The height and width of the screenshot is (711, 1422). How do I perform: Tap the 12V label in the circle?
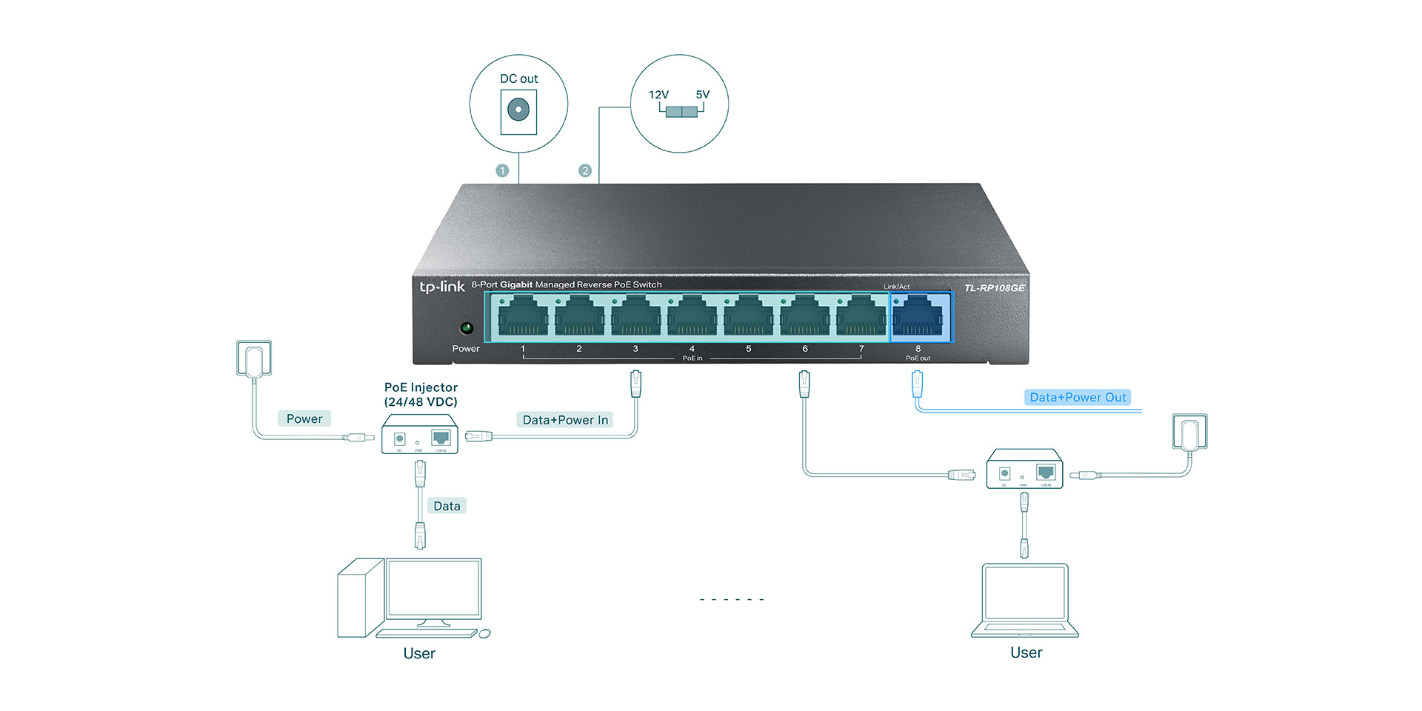point(658,95)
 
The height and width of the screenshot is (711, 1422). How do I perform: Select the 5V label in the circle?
point(702,95)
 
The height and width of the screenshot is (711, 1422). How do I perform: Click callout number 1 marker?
point(502,171)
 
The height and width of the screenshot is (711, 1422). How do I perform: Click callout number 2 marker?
point(585,171)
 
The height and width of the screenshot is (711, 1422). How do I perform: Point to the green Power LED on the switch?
point(467,327)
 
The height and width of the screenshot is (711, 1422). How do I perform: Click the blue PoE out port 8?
point(918,317)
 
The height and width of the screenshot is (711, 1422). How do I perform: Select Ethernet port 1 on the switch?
point(523,317)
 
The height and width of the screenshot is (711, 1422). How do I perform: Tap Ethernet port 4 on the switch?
point(692,317)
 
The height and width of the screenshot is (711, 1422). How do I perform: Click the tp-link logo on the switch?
point(442,287)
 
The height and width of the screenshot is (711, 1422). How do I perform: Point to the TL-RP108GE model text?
point(994,288)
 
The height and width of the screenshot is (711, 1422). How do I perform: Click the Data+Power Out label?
point(1078,398)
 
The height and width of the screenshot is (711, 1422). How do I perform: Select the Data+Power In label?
point(565,420)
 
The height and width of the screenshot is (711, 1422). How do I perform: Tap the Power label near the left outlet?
point(304,418)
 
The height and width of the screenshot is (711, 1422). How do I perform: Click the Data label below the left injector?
point(447,506)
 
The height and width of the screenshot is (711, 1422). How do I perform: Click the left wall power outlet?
point(254,358)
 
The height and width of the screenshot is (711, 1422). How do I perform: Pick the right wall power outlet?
point(1189,432)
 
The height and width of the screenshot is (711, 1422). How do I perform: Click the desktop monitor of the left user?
point(434,589)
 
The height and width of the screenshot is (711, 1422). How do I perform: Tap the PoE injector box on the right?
point(1024,469)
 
